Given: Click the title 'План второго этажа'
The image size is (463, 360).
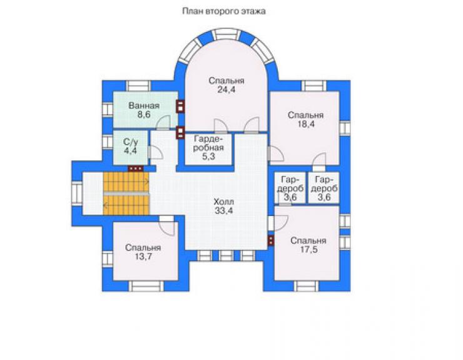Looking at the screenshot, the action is (x=224, y=11).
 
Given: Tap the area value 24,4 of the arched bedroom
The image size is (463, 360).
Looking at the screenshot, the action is (x=226, y=90).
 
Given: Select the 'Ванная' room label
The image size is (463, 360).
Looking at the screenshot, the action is (x=144, y=106).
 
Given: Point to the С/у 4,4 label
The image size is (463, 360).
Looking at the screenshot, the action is (x=131, y=146).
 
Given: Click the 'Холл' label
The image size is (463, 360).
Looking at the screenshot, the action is (x=223, y=202).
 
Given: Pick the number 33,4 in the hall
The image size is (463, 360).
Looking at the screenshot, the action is (x=223, y=211).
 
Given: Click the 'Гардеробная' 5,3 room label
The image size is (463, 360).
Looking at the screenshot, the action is (x=208, y=148).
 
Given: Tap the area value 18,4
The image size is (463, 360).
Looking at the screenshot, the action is (x=306, y=124).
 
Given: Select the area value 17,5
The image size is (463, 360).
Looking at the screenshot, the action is (x=308, y=249).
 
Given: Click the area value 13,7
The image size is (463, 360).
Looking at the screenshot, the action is (x=143, y=257).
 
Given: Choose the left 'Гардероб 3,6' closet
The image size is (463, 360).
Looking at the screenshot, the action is (x=290, y=188).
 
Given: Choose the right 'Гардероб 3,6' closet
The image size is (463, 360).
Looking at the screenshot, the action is (x=324, y=188).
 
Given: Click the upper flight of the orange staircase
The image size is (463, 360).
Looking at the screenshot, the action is (x=126, y=182).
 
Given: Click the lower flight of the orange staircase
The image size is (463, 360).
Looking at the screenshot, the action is (x=126, y=205).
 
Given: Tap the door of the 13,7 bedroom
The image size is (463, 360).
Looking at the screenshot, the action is (x=168, y=227).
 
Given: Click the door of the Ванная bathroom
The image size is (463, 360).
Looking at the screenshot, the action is (x=163, y=123).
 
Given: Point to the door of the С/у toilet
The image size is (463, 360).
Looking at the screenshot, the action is (x=155, y=152).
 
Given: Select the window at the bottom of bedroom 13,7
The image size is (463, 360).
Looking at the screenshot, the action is (x=146, y=286).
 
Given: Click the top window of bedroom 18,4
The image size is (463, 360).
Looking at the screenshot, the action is (x=314, y=86).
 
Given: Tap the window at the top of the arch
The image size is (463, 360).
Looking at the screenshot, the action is (x=226, y=34).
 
